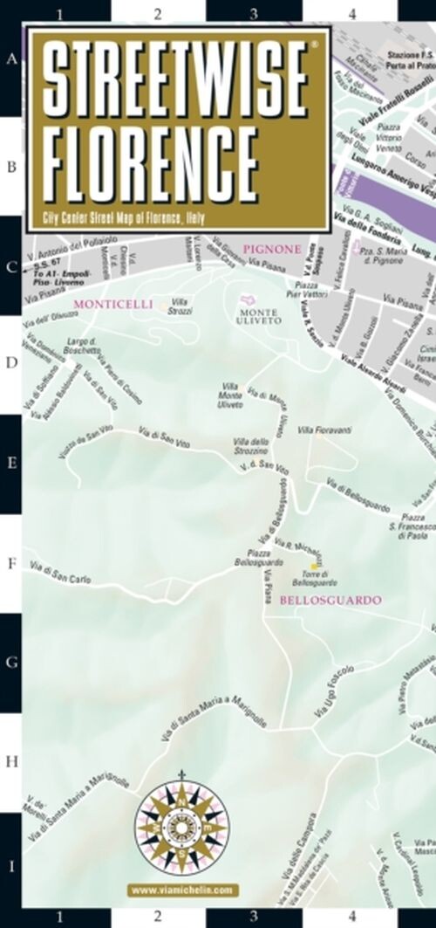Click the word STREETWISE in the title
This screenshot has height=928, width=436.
pos(175,83)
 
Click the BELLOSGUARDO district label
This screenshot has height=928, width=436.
pos(331,601)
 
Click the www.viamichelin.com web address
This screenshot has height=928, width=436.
pos(181,890)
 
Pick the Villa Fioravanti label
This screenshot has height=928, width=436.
pos(324,430)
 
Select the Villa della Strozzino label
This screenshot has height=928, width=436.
pos(251,445)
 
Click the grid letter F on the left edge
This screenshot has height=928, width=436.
pos(12,564)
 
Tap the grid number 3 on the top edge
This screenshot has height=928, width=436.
pos(254,14)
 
